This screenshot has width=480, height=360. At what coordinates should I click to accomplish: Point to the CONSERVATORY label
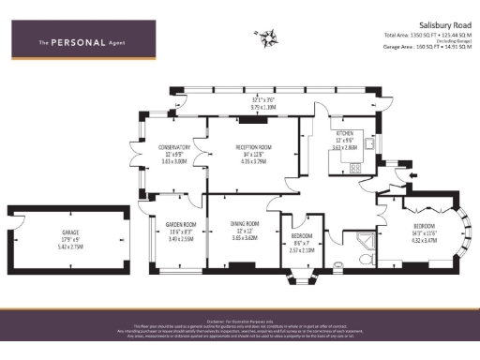[174, 147]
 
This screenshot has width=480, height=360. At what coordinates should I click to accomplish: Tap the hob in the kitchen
[355, 168]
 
